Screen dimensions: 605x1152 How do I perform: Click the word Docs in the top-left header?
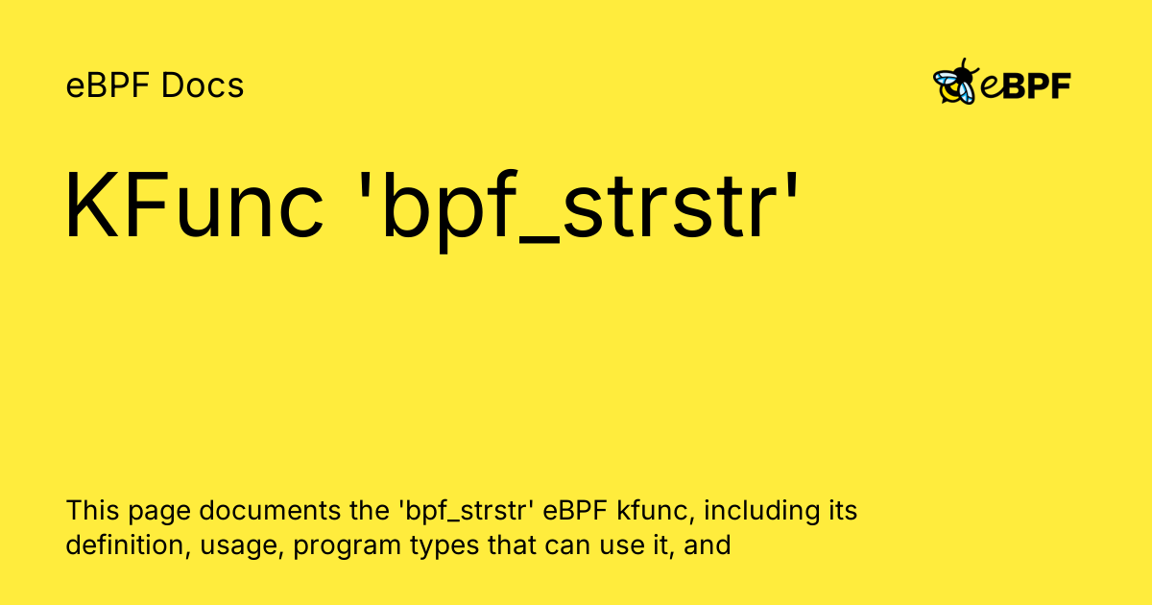pos(203,86)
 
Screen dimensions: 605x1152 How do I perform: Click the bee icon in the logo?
pos(955,84)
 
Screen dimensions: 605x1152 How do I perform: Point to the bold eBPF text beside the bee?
pos(1025,86)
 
